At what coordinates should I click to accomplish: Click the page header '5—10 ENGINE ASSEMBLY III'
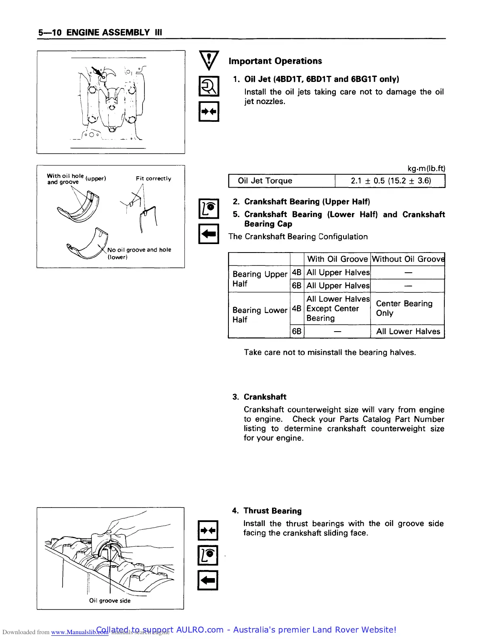point(100,33)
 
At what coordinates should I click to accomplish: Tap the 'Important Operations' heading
point(275,61)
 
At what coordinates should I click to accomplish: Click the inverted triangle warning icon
point(209,61)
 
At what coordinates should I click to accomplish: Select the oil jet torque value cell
point(390,181)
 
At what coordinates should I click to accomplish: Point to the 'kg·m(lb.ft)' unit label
point(426,169)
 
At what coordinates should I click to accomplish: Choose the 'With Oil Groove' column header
point(337,259)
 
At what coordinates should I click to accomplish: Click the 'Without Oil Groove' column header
point(408,259)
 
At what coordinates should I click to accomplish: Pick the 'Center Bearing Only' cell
point(404,308)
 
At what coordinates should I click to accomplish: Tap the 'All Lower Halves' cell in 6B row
point(408,331)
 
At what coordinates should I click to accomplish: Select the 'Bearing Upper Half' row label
point(260,279)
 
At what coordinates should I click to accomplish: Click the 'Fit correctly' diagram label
point(153,179)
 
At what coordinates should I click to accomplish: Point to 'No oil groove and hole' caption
point(139,250)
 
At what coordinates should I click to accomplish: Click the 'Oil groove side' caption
point(110,601)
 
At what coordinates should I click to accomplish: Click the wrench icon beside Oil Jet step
point(209,86)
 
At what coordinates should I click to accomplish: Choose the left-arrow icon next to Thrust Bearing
point(208,580)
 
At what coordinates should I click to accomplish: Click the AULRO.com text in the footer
point(200,630)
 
